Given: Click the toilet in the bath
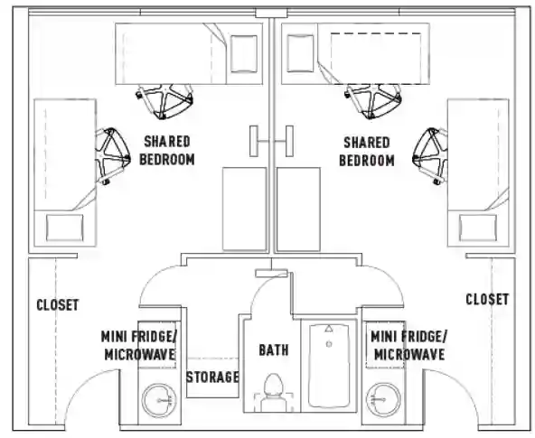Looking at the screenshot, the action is click(274, 393).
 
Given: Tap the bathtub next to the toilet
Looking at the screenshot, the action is click(329, 366).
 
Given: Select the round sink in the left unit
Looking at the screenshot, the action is click(159, 400).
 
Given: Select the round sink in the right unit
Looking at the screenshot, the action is click(383, 399).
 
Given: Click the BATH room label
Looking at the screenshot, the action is click(274, 350).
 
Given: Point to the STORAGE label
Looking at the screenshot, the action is click(212, 377).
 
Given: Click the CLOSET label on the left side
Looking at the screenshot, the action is click(58, 304).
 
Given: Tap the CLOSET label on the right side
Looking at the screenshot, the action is click(487, 299).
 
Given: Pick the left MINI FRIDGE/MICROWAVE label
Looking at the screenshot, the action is click(139, 346).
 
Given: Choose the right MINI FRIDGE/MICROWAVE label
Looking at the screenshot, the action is click(408, 346).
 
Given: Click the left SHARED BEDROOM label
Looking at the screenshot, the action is click(167, 150).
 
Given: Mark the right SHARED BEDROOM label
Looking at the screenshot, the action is click(367, 152).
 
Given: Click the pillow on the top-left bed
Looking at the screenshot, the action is click(244, 54).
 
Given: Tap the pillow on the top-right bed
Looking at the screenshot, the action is click(300, 53).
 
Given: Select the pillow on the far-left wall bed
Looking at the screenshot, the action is click(64, 228).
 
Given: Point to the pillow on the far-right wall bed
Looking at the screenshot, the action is click(478, 228).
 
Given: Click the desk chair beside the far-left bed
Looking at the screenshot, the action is click(112, 156).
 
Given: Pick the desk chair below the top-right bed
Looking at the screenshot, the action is click(373, 101).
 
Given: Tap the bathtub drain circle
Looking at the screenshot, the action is click(329, 344).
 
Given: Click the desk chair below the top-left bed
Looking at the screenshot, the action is click(164, 101).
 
